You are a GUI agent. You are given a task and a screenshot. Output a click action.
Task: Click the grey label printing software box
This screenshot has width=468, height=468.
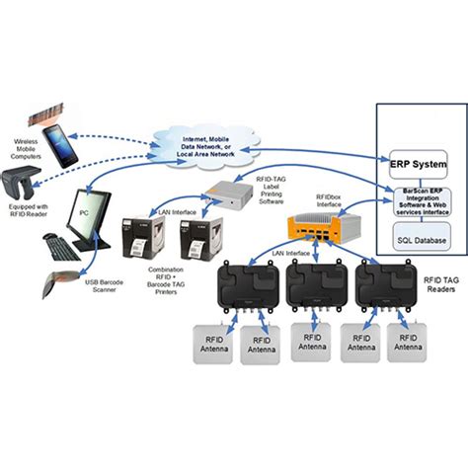click(225, 194)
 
